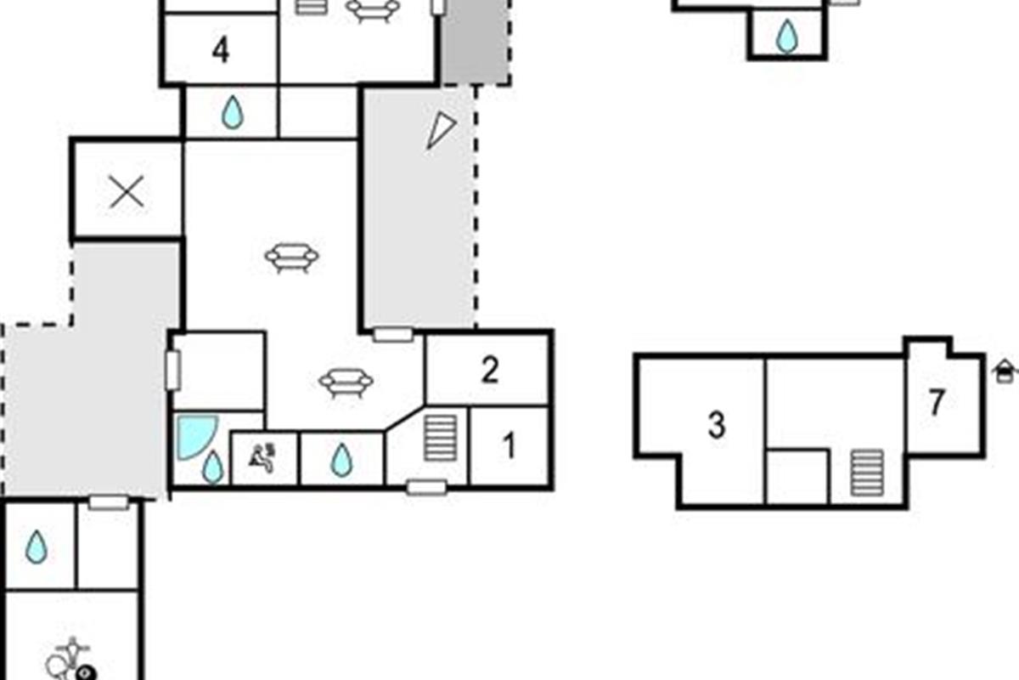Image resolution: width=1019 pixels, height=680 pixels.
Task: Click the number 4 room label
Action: [x=220, y=51]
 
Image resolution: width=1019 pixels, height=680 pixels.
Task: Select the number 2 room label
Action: [x=489, y=370]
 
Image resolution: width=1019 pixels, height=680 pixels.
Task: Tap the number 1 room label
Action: [x=509, y=446]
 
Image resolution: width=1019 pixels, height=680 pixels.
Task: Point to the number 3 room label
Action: [x=717, y=425]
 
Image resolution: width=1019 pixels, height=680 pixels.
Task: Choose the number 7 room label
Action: [x=936, y=403]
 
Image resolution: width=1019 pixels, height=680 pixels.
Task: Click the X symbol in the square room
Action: [x=127, y=193]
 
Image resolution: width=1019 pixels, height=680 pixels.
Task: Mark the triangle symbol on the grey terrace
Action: [x=440, y=130]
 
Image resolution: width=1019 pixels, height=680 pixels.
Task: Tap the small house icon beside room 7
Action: [x=1005, y=371]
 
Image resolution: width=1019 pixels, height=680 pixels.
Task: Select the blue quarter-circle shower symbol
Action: [x=194, y=436]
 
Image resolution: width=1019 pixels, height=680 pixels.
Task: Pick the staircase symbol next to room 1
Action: [x=441, y=437]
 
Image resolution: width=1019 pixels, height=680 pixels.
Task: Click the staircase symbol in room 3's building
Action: [x=868, y=472]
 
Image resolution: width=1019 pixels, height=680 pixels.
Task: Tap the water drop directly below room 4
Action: [x=232, y=113]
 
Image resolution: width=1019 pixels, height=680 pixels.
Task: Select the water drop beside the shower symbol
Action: [x=211, y=467]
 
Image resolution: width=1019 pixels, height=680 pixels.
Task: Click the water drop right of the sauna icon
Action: [x=341, y=460]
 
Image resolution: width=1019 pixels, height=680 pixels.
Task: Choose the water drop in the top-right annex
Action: [x=787, y=36]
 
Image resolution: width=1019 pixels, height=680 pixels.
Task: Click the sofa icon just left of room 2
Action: [x=346, y=382]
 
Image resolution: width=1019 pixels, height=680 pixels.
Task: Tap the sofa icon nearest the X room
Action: [x=291, y=257]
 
